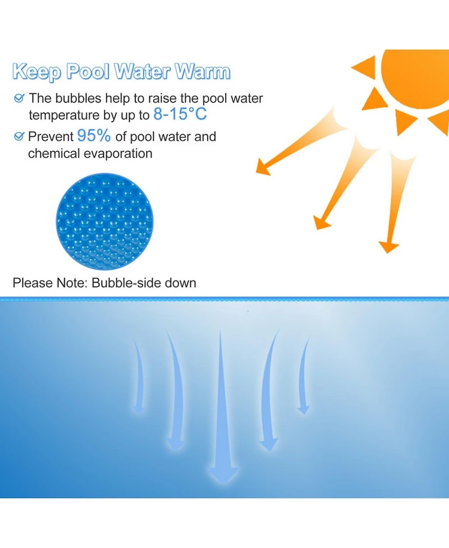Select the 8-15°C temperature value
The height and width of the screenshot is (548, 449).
(180, 114)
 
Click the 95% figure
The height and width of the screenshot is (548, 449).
(94, 136)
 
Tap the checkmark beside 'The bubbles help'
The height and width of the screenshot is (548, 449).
(19, 99)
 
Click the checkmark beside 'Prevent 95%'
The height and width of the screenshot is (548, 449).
(19, 136)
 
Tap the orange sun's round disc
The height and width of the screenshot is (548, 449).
(418, 76)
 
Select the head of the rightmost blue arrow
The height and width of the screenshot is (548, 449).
(303, 409)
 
